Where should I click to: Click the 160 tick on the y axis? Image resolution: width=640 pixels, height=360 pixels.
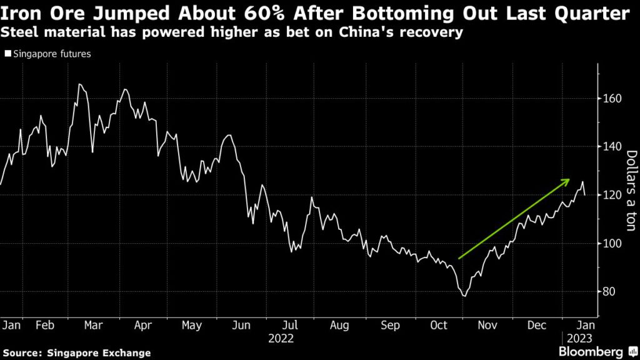tap(612, 99)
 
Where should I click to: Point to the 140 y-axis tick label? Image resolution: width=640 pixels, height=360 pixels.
tap(612, 147)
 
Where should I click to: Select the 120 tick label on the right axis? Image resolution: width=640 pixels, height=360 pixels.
tap(612, 195)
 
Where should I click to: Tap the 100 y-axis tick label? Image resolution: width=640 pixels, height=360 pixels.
tap(612, 244)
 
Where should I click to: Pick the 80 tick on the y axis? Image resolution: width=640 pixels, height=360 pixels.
tap(609, 292)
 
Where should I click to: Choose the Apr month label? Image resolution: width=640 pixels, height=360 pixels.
tap(143, 325)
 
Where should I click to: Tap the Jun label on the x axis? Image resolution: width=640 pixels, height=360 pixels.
tap(241, 325)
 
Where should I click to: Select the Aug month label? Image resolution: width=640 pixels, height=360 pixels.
tap(339, 325)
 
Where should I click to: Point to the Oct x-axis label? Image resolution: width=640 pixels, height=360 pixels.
tap(439, 325)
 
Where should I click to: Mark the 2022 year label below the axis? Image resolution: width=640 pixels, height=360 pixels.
tap(281, 338)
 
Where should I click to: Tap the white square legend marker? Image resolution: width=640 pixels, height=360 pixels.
tap(7, 54)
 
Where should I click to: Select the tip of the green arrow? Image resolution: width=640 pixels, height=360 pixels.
tap(569, 180)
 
